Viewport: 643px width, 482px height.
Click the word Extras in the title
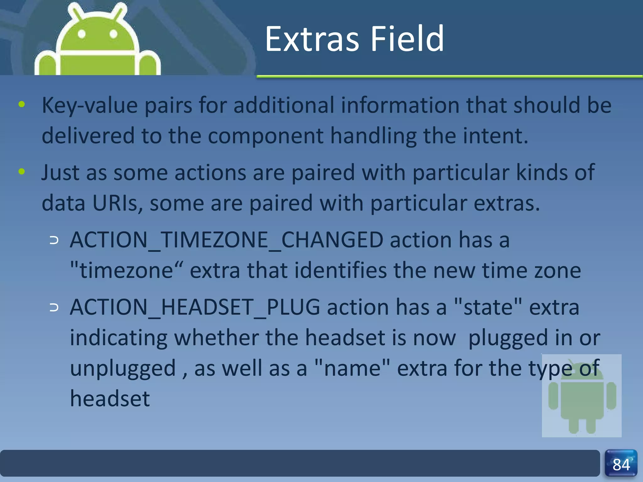(x=312, y=39)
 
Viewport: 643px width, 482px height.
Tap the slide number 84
(x=621, y=464)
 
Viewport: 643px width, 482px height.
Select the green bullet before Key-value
(x=22, y=104)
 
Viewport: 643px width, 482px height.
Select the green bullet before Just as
(x=22, y=172)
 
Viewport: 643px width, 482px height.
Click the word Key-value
(x=90, y=105)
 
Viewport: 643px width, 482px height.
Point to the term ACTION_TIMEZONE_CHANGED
(x=226, y=240)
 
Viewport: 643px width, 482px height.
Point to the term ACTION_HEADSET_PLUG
(x=195, y=308)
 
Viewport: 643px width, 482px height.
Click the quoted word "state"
(x=488, y=308)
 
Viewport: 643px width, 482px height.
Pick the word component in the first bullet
(x=265, y=136)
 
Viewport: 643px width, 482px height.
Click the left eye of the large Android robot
(x=82, y=34)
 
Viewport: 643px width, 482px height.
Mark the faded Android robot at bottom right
(x=582, y=396)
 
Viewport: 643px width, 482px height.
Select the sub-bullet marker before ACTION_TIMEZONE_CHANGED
(x=54, y=241)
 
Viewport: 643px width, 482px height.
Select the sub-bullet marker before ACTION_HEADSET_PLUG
(x=54, y=308)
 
